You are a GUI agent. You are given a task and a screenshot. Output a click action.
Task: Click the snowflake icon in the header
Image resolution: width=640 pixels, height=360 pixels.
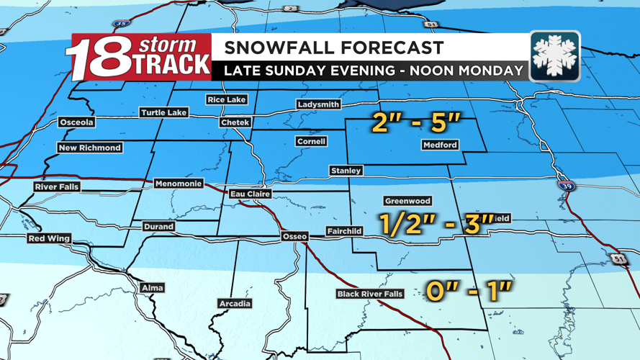coord(554,56)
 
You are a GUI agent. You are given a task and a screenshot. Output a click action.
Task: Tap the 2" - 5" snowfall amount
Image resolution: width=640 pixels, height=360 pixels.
coord(416,123)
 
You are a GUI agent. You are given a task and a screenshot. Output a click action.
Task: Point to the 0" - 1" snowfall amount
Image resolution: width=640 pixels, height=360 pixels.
coord(469,291)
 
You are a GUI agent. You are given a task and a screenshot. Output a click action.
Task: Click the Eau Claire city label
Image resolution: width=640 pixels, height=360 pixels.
coord(250,194)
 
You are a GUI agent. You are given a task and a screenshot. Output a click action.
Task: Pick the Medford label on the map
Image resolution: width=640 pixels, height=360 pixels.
coord(440,145)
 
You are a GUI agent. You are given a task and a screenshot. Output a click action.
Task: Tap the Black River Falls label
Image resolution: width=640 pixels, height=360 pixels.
coord(370,294)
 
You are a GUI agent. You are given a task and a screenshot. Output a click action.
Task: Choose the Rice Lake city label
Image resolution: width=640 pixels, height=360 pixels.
coord(226,99)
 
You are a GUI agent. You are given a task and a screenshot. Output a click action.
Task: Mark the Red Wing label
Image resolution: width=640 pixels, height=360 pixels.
coord(49,238)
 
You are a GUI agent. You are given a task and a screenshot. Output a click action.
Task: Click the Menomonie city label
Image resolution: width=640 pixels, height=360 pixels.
coord(179,184)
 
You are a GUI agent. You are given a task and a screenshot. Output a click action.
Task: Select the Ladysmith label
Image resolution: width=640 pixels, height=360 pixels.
coord(318,104)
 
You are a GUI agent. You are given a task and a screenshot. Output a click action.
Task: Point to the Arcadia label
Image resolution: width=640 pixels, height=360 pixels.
coord(235,304)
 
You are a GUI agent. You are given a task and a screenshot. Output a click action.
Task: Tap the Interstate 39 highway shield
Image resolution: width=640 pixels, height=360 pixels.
coord(566,186)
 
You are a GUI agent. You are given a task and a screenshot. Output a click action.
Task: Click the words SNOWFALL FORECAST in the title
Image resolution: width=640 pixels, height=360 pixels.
coord(333,49)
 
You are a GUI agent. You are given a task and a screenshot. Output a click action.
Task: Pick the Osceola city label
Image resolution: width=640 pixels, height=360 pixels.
coord(76,122)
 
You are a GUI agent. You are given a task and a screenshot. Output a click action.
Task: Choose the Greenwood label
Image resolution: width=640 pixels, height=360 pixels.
coord(407,202)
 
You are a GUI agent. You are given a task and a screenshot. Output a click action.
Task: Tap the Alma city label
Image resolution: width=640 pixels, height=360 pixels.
coord(152,288)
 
